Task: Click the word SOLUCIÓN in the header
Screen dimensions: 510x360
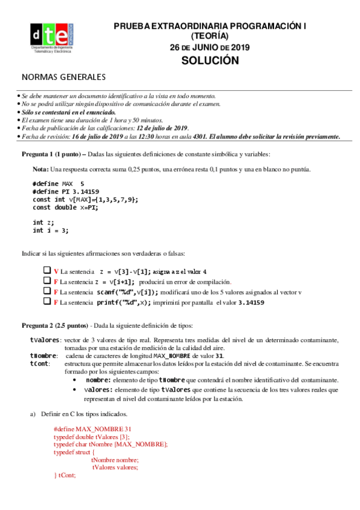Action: (x=210, y=61)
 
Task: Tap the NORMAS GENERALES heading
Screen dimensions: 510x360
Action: (x=64, y=77)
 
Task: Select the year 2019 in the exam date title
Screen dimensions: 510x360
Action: (x=240, y=48)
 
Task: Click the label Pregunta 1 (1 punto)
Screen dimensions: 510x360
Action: (x=50, y=153)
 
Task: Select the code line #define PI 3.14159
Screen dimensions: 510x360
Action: (x=58, y=191)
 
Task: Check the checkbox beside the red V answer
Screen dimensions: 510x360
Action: (x=47, y=271)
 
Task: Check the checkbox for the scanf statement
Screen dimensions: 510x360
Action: (x=47, y=292)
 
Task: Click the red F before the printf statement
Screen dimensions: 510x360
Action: (x=56, y=303)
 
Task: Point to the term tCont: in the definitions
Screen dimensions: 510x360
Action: (x=39, y=364)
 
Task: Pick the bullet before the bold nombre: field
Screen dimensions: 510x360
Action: (x=74, y=380)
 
